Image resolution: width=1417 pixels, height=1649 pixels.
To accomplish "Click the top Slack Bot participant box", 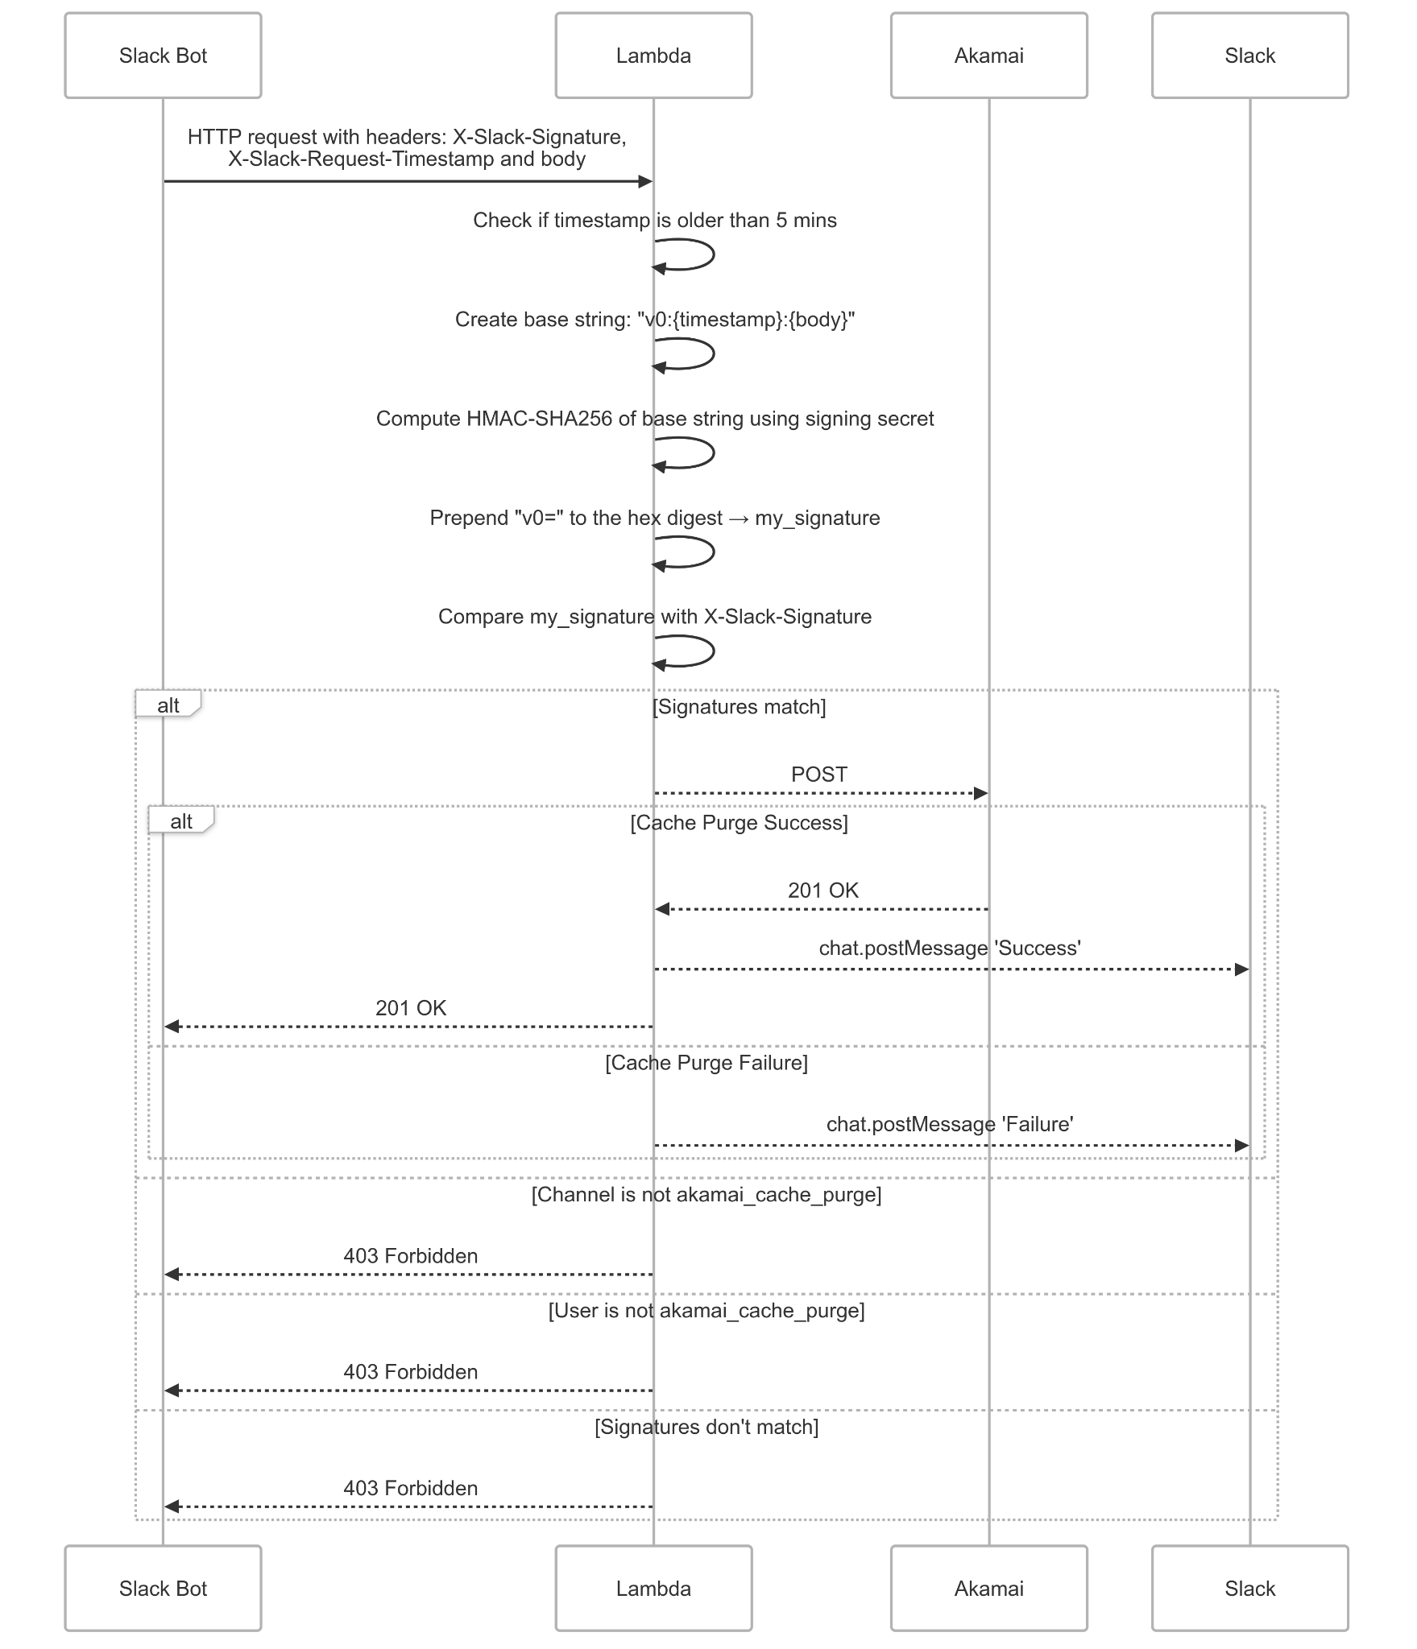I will tap(163, 56).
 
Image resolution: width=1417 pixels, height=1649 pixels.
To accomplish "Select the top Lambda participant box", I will tap(653, 56).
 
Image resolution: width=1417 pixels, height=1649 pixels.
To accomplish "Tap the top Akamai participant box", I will tap(988, 56).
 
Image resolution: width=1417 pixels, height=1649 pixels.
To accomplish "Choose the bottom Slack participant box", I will tap(1249, 1589).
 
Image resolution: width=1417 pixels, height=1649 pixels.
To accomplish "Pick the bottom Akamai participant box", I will tap(988, 1589).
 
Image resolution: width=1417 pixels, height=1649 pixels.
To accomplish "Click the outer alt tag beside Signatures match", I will tap(168, 705).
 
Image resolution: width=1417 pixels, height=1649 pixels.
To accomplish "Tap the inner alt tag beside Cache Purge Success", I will tap(180, 821).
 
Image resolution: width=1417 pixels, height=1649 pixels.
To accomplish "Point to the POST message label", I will tap(818, 775).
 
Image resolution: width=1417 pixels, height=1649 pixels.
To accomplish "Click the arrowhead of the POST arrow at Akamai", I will tap(980, 793).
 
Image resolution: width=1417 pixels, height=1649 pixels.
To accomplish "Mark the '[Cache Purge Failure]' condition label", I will tap(706, 1063).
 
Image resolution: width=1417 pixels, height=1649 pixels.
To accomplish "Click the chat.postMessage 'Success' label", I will tap(949, 948).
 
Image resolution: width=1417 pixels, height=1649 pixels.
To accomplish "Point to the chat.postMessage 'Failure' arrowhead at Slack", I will tap(1241, 1145).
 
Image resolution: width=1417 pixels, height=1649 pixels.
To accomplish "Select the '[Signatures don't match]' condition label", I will tap(706, 1427).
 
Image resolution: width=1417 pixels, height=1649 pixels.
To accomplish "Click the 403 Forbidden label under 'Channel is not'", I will tap(410, 1256).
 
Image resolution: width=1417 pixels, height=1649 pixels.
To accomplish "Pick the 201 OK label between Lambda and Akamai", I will tap(822, 891).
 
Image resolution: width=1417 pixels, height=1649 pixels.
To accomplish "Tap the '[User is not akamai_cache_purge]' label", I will tap(706, 1311).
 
